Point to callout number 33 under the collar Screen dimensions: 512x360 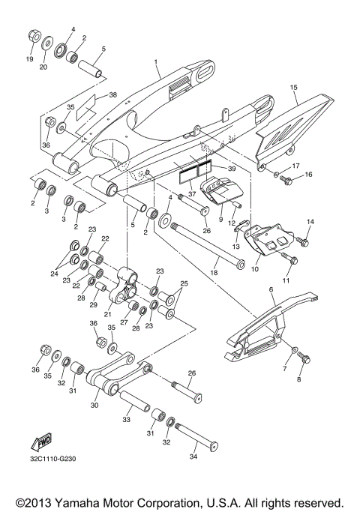point(126,421)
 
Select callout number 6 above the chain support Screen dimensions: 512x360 point(270,289)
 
